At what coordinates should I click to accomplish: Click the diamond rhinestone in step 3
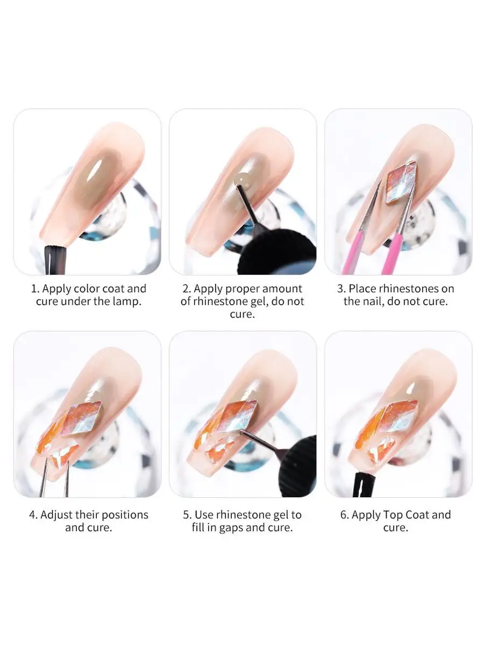(401, 182)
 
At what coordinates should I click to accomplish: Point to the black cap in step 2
(276, 253)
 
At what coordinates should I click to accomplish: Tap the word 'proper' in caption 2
(243, 289)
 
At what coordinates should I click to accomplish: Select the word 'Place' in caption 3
(362, 289)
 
